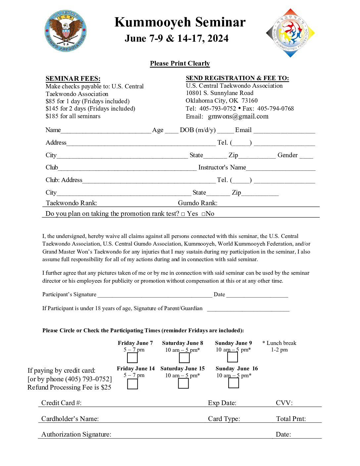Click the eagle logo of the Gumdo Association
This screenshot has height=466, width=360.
[x=66, y=31]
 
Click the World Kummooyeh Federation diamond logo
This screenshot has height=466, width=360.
[x=290, y=33]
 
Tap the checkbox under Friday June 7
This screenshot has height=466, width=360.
[x=132, y=358]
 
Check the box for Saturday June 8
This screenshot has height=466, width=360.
[x=184, y=358]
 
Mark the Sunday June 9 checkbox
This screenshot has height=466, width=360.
[x=233, y=357]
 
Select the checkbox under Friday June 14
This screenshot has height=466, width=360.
[x=132, y=384]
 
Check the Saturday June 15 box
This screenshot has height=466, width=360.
[x=183, y=383]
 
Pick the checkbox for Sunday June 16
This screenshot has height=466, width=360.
[x=234, y=383]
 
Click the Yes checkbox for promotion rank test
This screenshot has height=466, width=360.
[x=183, y=214]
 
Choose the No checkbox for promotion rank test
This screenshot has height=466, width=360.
[x=203, y=214]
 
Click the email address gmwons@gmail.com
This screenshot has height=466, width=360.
[x=238, y=117]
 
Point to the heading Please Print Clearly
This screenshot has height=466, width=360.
[x=180, y=64]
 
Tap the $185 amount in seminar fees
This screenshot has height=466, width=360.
[x=52, y=116]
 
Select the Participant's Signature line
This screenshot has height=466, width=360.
[x=155, y=295]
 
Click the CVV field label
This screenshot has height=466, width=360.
[x=284, y=403]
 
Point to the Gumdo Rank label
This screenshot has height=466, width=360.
[x=198, y=203]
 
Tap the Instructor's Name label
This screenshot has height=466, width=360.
[x=222, y=167]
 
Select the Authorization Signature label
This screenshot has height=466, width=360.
[x=76, y=434]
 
